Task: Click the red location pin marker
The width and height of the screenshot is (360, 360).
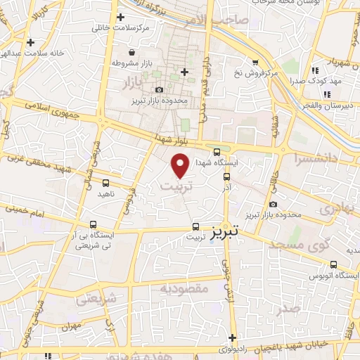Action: tap(181, 165)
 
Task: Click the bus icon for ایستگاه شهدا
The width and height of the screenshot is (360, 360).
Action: tap(217, 151)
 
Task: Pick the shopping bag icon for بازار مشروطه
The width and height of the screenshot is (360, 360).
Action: tap(131, 53)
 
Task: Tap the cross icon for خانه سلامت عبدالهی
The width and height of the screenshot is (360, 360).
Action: tap(30, 42)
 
